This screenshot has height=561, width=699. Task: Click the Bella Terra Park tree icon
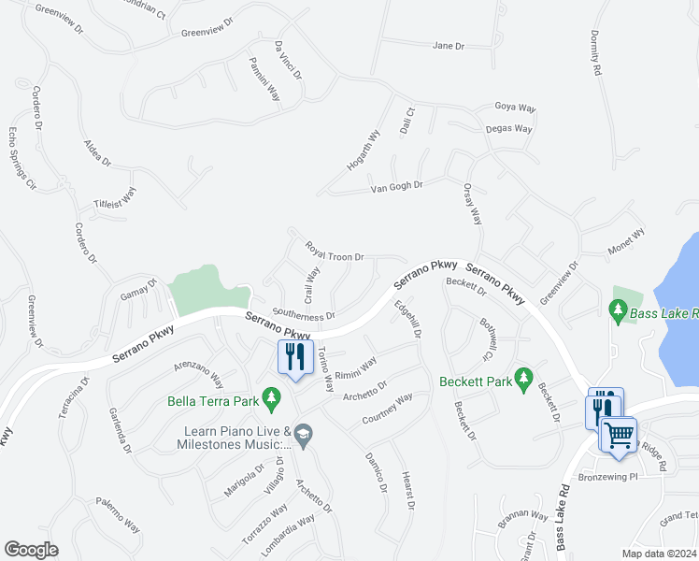tap(271, 398)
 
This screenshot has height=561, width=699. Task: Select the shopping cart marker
tap(619, 434)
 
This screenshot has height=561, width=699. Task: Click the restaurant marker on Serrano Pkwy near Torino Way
tap(295, 358)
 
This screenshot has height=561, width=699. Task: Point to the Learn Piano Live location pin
tap(303, 433)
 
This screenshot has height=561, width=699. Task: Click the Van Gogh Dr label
tap(397, 185)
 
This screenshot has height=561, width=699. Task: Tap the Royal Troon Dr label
tap(334, 252)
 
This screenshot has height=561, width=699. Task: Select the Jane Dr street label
tap(449, 45)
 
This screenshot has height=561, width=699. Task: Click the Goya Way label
tap(514, 108)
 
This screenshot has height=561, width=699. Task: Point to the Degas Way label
tap(509, 128)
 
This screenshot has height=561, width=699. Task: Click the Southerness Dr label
tap(303, 314)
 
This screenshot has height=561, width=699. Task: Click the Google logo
tap(31, 550)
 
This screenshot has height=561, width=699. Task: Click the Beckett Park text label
tap(475, 381)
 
